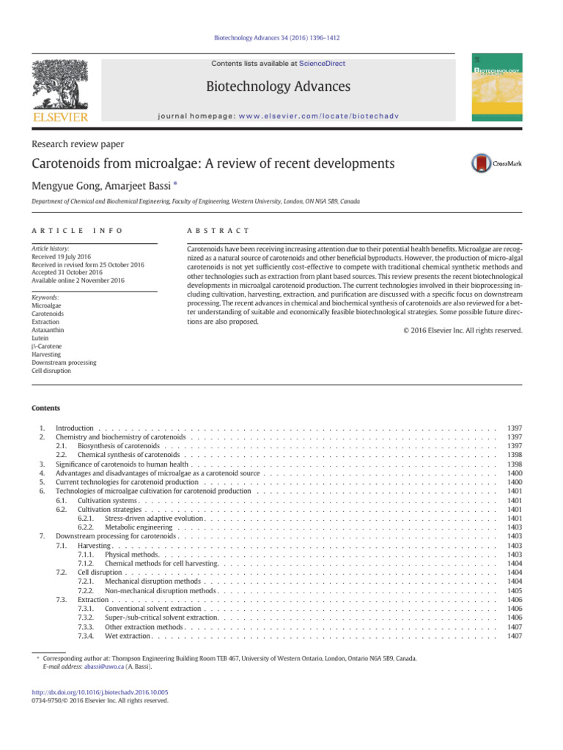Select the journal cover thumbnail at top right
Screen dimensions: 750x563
pyautogui.click(x=499, y=89)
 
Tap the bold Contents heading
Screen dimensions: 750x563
pyautogui.click(x=45, y=408)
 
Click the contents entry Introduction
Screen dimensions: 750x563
pyautogui.click(x=75, y=428)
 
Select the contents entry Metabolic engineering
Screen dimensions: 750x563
pyautogui.click(x=139, y=527)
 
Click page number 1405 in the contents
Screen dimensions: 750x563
pyautogui.click(x=515, y=590)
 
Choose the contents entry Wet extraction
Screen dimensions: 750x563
pyautogui.click(x=128, y=636)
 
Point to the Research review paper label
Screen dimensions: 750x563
pyautogui.click(x=78, y=144)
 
